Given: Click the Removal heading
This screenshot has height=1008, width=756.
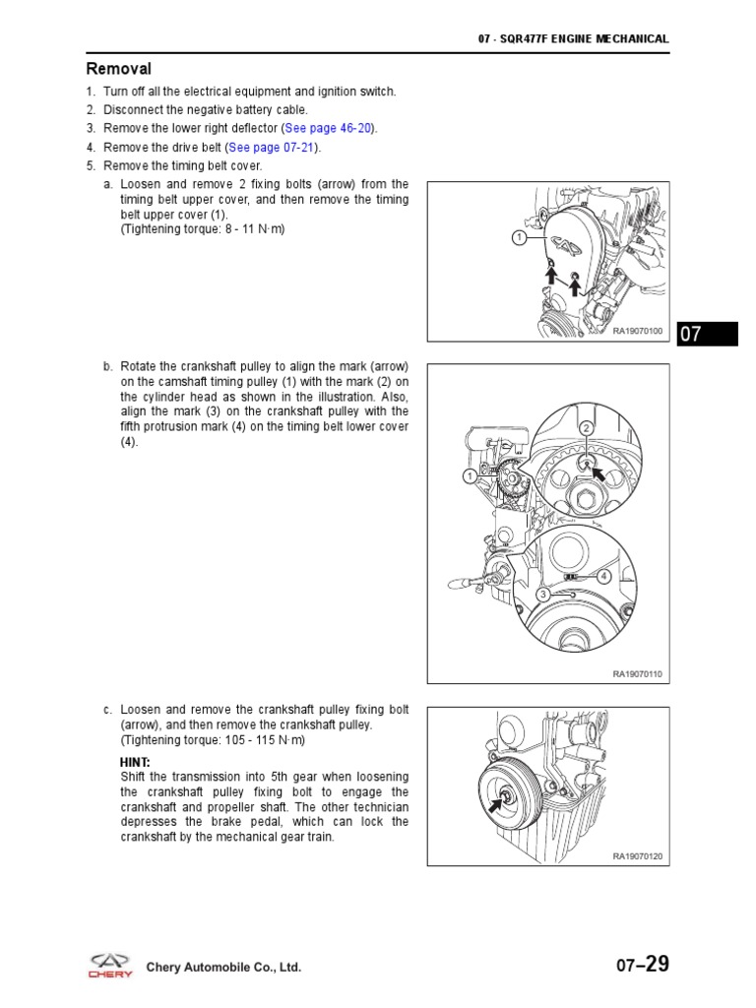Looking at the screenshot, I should coord(119,69).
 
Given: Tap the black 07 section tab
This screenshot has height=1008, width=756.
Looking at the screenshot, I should coord(707,334).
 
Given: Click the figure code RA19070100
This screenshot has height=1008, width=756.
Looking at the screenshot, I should coord(638,332).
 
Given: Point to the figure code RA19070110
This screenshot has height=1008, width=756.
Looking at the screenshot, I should coord(638,674).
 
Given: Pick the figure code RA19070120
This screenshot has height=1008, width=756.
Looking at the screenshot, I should coord(638,856).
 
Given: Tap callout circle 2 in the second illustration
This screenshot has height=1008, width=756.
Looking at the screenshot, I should coord(585,428).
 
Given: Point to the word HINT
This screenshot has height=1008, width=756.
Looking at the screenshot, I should coord(135,763).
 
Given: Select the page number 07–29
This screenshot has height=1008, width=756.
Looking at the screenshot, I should coord(643,965).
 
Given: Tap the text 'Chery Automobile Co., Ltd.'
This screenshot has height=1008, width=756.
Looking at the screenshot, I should coord(223,968).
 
